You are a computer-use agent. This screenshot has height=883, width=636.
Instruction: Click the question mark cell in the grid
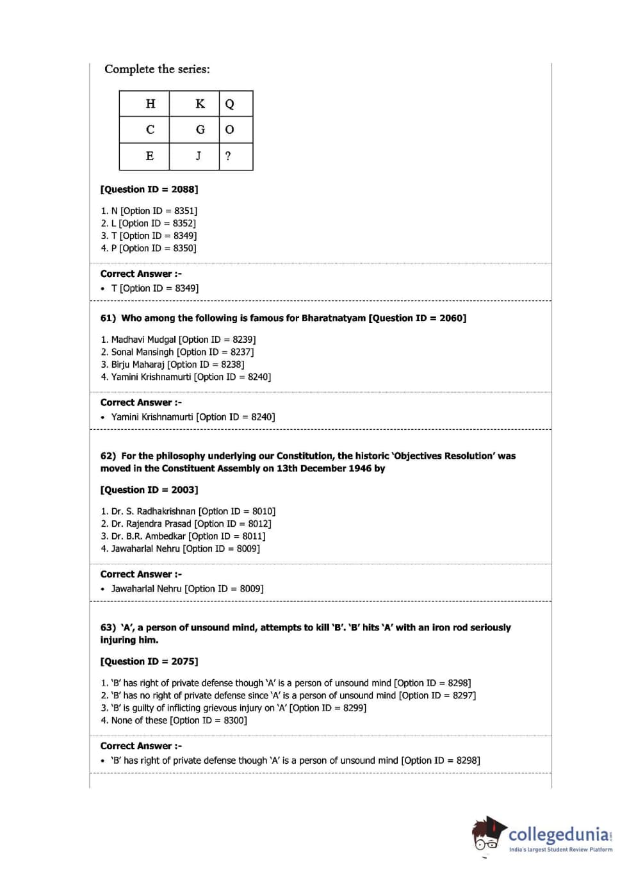tap(228, 156)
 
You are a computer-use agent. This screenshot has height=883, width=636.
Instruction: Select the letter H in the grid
tap(151, 104)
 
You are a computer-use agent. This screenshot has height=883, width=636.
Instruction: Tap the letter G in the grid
tap(200, 129)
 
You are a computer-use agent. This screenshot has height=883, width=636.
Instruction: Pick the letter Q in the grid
tap(229, 104)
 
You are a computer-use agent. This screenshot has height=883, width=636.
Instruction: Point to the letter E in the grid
tap(150, 156)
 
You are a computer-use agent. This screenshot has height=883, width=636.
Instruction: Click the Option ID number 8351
tap(184, 211)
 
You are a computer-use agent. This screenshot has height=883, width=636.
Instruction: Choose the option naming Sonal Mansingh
tap(142, 352)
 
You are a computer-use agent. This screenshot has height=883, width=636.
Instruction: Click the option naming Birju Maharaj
tap(138, 365)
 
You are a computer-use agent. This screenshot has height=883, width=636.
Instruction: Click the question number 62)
tap(108, 456)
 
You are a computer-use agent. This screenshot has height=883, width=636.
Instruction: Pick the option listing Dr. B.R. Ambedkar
tap(148, 536)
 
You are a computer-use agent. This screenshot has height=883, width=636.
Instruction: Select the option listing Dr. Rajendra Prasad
tap(151, 524)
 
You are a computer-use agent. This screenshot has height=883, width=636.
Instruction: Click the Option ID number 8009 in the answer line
tap(250, 589)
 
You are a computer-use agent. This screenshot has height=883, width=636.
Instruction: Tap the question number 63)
tap(108, 628)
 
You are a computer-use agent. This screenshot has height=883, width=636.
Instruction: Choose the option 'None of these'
tap(139, 721)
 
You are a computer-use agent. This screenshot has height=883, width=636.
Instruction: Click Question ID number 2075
tap(184, 662)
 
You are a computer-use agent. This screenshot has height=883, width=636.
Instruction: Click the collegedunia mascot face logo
tap(488, 834)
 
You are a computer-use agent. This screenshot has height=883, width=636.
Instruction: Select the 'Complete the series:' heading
tap(157, 69)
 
